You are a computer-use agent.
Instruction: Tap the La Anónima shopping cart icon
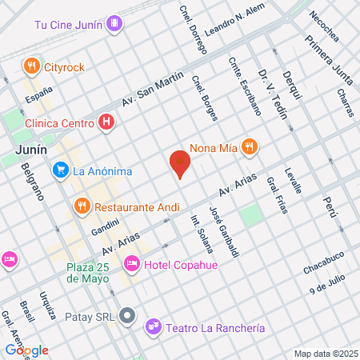coord(60,170)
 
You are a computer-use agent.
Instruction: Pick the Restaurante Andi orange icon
coord(81,206)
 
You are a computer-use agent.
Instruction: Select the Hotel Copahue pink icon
coord(131,262)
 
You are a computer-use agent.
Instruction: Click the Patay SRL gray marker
coord(126,315)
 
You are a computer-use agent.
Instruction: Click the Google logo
coord(26,350)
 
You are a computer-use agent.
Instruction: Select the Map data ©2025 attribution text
coord(324,354)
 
